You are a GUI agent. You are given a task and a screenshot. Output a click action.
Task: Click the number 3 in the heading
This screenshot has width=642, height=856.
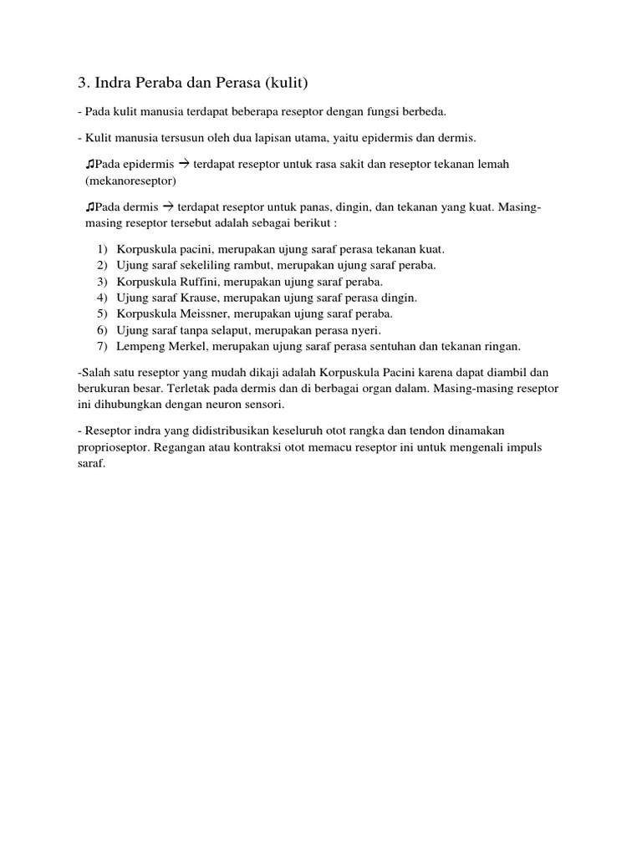[x=82, y=83]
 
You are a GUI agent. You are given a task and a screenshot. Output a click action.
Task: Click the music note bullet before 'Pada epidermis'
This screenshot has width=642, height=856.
[x=89, y=164]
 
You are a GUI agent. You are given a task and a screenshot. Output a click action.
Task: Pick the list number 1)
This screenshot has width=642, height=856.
[x=102, y=249]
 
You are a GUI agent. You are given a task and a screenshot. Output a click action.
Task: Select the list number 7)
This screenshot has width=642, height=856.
[x=102, y=345]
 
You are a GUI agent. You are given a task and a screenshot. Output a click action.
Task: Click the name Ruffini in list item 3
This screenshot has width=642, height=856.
[x=197, y=281]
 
